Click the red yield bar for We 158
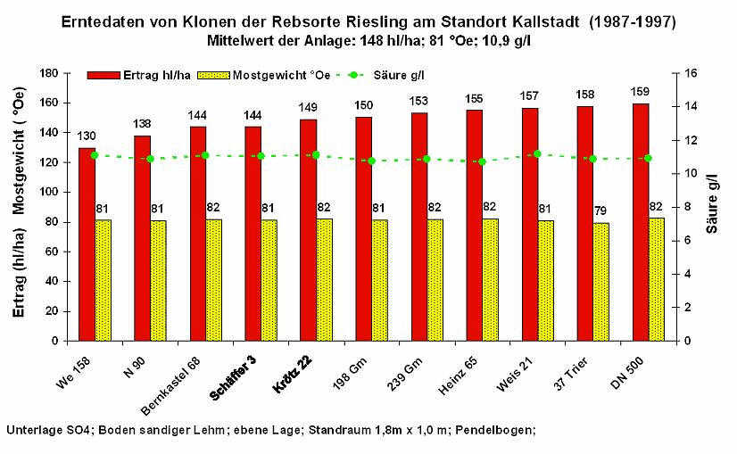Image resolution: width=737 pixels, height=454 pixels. point(87,244)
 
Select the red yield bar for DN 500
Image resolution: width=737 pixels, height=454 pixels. point(640,222)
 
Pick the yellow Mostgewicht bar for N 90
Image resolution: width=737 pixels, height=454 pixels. point(158,280)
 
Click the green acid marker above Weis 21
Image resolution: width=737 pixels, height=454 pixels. point(537,154)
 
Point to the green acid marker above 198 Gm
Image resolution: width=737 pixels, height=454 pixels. point(371,161)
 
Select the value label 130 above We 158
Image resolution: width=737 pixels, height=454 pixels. point(87,136)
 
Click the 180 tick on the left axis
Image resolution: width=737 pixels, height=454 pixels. point(51,73)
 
